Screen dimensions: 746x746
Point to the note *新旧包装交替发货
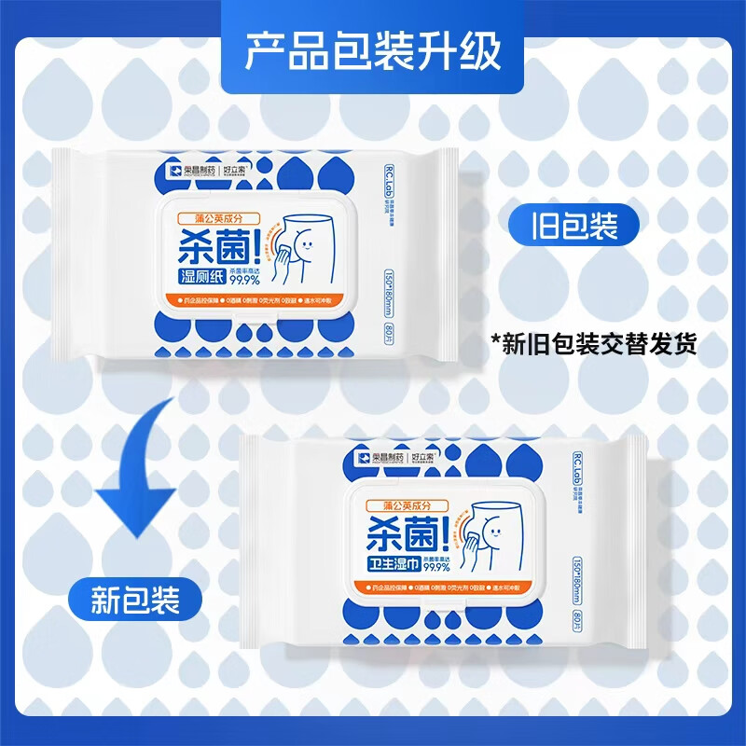coord(594,343)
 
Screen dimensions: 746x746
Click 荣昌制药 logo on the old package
coord(155,172)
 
